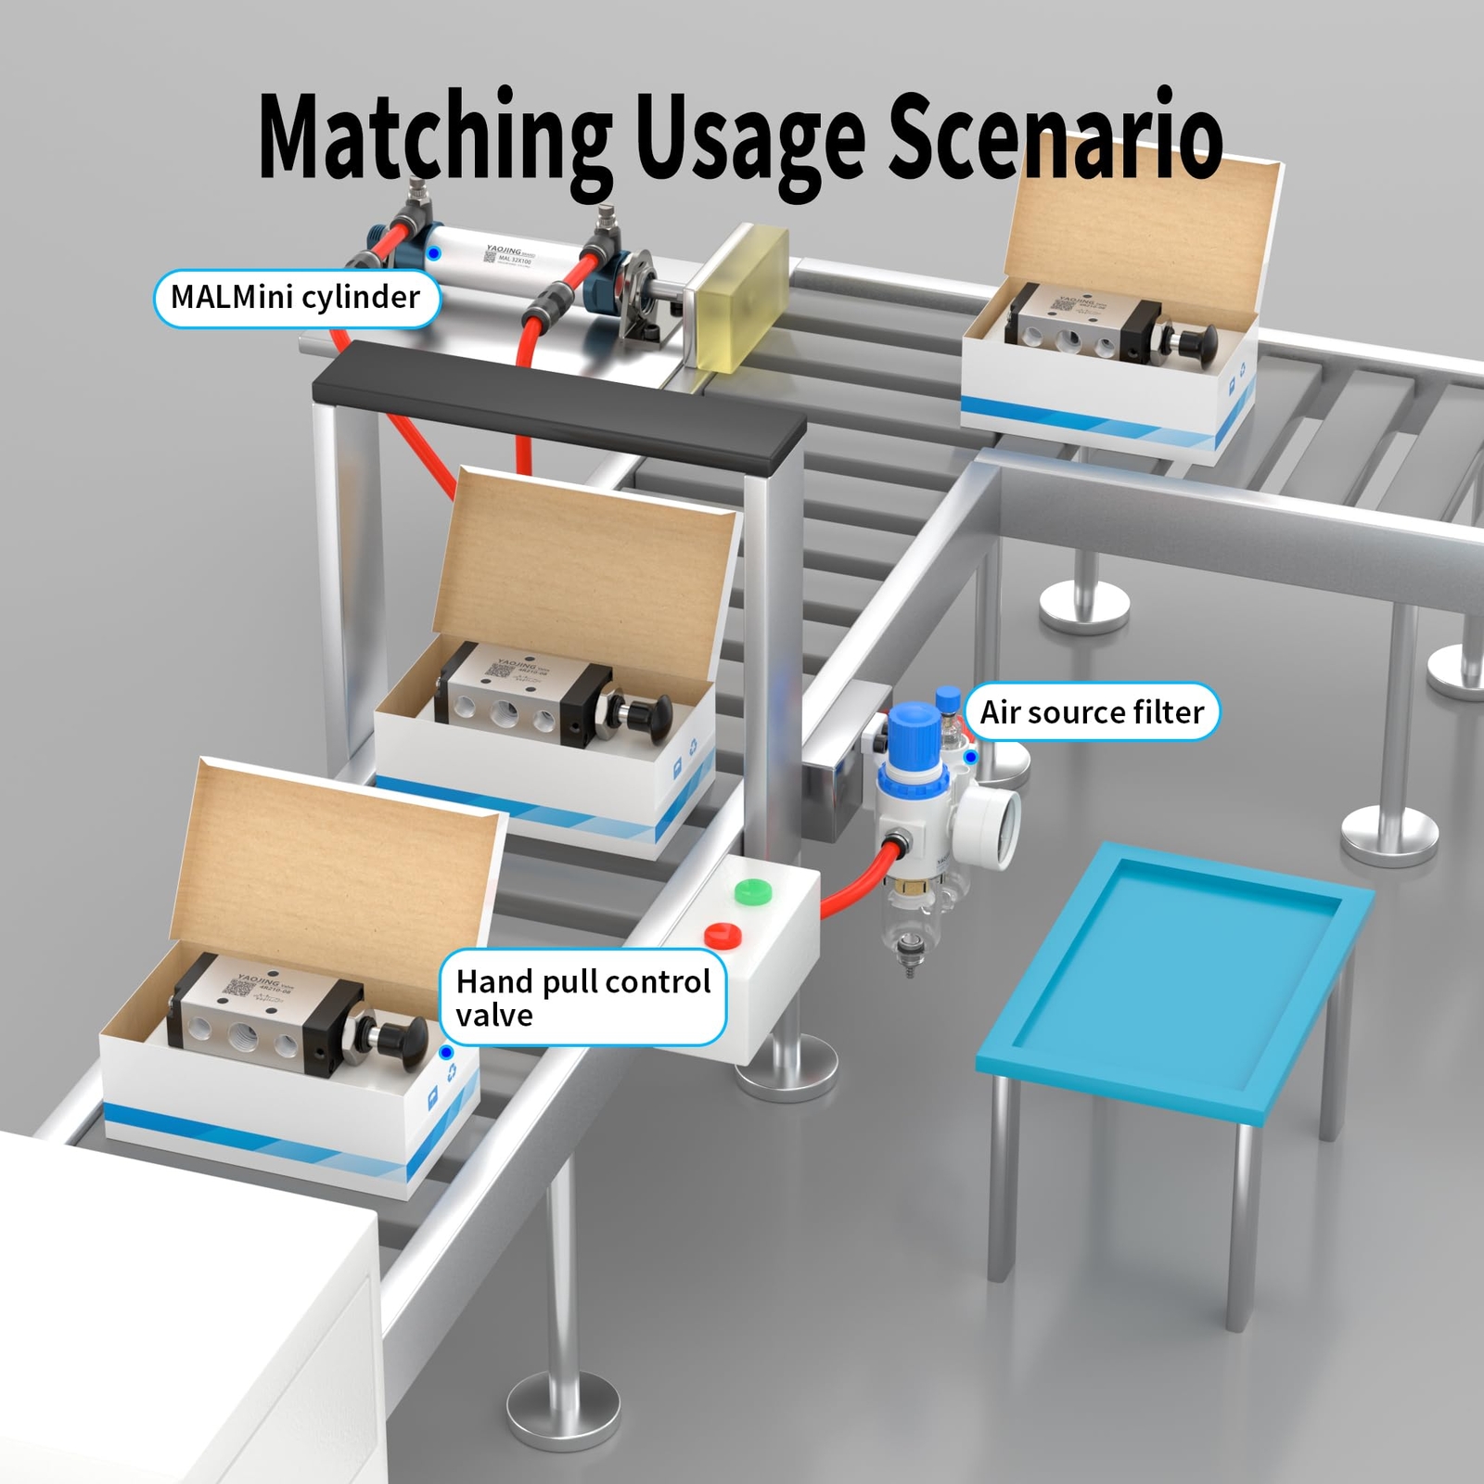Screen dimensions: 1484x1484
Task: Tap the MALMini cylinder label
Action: click(295, 298)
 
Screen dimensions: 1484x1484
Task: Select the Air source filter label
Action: click(1092, 712)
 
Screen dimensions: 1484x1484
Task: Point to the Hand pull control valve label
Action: click(582, 998)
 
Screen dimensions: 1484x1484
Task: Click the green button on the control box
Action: click(752, 891)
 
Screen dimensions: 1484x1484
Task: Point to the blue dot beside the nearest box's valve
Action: click(446, 1053)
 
